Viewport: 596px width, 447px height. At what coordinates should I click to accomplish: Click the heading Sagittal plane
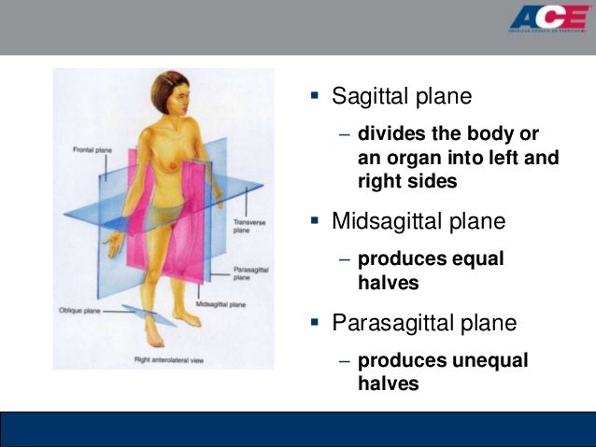(x=403, y=96)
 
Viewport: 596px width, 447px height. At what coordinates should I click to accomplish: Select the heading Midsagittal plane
(x=419, y=221)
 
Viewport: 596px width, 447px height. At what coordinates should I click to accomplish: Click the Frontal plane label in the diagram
(x=92, y=149)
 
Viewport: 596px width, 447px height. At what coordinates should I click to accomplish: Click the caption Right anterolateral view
(x=165, y=358)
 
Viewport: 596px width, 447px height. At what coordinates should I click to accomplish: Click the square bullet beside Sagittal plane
(x=315, y=96)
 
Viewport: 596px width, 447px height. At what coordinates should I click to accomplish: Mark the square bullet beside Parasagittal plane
(x=315, y=324)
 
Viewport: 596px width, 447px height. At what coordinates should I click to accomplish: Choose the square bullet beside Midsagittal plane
(x=315, y=221)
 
